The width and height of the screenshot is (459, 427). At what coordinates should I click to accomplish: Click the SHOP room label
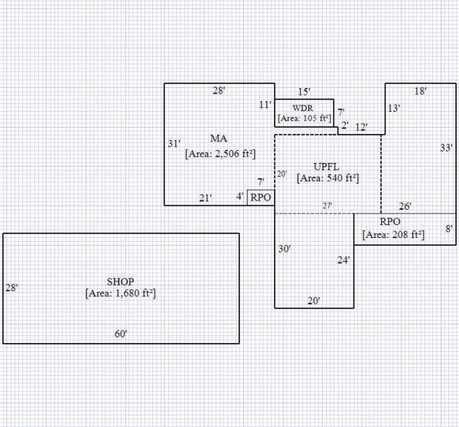click(121, 282)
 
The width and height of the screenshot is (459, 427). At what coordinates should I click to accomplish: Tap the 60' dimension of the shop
click(121, 334)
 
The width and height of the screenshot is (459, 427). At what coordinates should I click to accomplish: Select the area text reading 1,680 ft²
click(121, 293)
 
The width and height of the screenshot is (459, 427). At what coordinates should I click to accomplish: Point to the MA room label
click(219, 139)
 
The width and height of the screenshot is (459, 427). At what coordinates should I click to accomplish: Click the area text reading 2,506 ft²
click(220, 153)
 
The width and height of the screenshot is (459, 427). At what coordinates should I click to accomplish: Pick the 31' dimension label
click(174, 143)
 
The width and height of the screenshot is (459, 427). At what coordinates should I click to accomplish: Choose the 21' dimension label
click(205, 198)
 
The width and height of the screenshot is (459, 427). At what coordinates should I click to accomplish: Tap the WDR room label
click(303, 108)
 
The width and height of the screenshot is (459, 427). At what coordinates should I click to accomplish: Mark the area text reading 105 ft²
click(304, 119)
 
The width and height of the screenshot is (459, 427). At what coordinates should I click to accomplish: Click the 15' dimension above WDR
click(304, 91)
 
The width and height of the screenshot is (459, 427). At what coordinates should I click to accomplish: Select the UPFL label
click(327, 166)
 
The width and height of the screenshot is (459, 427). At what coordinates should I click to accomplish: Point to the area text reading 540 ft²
click(328, 178)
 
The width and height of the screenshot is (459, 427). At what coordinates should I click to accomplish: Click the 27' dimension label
click(327, 206)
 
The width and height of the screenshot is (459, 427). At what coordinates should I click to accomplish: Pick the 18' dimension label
click(420, 91)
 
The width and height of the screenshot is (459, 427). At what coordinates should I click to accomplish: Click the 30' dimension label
click(284, 249)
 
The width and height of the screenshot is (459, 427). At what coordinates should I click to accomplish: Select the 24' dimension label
click(344, 260)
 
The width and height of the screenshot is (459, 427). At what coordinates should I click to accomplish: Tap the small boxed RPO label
click(261, 197)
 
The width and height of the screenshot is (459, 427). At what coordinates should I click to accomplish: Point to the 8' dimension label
click(449, 229)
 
